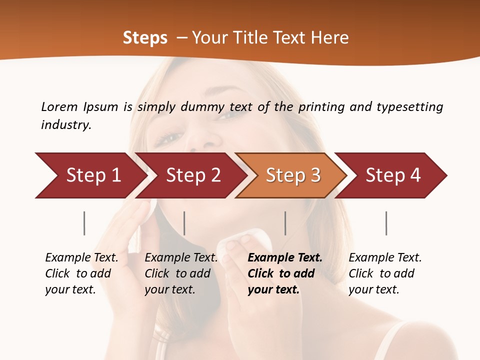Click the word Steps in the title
click(145, 38)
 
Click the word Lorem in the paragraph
click(59, 106)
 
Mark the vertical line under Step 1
click(84, 223)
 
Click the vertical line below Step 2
click(184, 223)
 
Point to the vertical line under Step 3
click(285, 223)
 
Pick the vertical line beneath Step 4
click(386, 223)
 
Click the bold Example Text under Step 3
click(285, 258)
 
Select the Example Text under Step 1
click(81, 258)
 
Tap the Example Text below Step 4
click(385, 258)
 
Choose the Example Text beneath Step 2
click(181, 258)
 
